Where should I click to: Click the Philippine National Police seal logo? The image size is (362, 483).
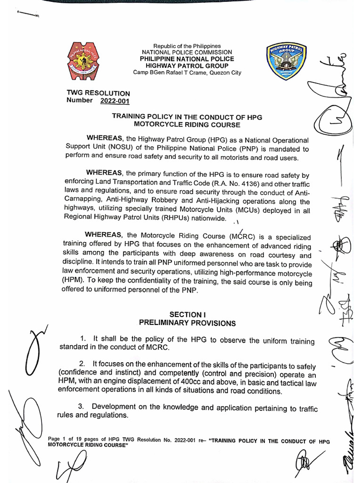pos(83,61)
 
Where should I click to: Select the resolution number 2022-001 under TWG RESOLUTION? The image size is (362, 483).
pos(115,100)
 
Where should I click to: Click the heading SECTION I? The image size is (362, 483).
pos(187,315)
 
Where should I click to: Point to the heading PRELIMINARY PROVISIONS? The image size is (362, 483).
pos(187,323)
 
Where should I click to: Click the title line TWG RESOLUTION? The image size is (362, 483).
pos(99,93)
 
